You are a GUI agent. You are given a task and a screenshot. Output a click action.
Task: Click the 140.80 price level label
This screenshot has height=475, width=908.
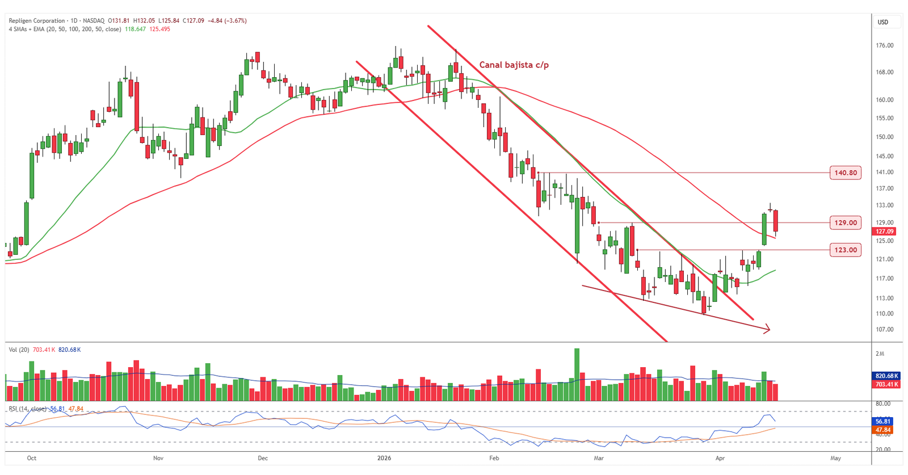pos(846,173)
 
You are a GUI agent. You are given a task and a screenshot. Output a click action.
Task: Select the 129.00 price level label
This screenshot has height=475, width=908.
pos(846,222)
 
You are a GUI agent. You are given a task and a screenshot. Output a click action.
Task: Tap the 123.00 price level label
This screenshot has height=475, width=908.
pos(846,250)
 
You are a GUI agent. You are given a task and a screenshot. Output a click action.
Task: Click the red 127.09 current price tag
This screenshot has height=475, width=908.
pos(884,232)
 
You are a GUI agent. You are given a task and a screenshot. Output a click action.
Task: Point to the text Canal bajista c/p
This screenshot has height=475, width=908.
pos(514,65)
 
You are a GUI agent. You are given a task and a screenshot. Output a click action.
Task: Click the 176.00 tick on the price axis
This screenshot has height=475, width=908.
pos(884,45)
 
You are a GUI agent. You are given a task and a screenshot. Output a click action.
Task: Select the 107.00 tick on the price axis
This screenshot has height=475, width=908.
pos(884,329)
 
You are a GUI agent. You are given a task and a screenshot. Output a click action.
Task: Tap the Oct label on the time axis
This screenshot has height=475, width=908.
pos(32,458)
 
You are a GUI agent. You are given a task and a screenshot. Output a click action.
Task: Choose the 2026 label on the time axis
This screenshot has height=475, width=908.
pos(384,458)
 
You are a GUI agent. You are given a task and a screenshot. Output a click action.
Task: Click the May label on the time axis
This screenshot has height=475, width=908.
pos(835,458)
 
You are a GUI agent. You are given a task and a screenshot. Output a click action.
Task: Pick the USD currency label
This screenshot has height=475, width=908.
pos(883,22)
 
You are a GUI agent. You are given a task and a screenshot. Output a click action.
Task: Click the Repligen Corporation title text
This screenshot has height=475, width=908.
pos(37,20)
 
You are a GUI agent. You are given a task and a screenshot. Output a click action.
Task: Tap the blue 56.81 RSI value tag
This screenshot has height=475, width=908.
pos(883,422)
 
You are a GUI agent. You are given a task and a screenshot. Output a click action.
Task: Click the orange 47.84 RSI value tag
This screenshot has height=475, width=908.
pos(883,430)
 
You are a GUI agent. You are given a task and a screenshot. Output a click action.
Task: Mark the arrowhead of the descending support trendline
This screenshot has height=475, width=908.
pos(768,329)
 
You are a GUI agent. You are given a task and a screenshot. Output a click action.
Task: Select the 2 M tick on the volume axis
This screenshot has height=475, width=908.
pos(880,354)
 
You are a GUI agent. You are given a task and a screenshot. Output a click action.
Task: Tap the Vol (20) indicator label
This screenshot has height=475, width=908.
pos(19,350)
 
